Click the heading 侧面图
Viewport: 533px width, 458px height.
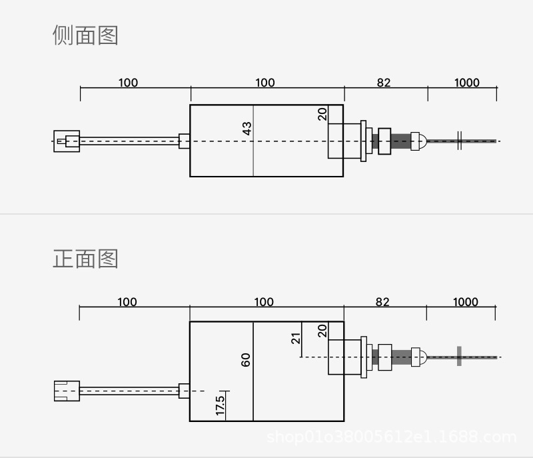click(85, 35)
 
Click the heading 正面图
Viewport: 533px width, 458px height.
click(85, 258)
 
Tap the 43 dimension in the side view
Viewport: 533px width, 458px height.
click(247, 129)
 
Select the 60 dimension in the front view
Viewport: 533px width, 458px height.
click(246, 360)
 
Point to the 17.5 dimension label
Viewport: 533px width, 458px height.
click(221, 405)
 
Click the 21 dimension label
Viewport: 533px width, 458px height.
click(296, 337)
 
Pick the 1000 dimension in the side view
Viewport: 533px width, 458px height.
click(466, 83)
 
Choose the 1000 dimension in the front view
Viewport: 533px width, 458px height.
click(465, 302)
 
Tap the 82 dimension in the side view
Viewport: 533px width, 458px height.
click(383, 83)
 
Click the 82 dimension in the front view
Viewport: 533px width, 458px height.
click(382, 302)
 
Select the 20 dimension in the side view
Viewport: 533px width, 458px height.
click(323, 114)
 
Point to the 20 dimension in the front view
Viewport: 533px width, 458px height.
click(322, 331)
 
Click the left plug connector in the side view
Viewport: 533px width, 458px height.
click(67, 141)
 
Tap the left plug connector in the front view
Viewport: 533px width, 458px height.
click(67, 390)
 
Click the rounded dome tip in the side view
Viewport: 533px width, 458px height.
click(418, 141)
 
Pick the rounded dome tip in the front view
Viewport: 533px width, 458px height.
click(418, 357)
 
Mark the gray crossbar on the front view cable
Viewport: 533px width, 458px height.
click(459, 356)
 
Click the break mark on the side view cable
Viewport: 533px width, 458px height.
click(460, 141)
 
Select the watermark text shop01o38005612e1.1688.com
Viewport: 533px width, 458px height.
click(391, 437)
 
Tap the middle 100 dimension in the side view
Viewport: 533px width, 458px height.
click(265, 83)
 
